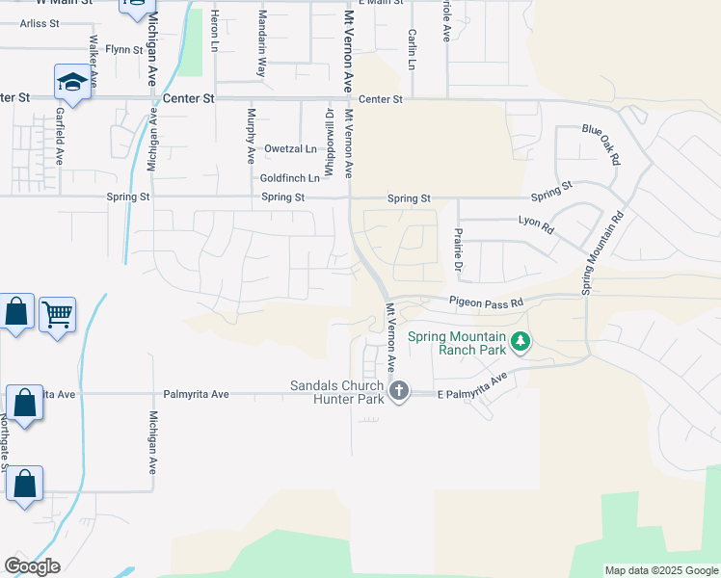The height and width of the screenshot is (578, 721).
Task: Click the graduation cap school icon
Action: click(72, 82)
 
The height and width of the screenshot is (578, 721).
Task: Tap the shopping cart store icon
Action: click(58, 313)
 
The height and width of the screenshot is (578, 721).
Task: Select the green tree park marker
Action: click(521, 341)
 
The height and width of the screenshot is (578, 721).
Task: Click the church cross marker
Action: click(399, 390)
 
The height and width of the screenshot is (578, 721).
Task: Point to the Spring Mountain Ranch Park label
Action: click(457, 343)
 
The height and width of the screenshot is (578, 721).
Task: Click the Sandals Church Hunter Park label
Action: click(337, 392)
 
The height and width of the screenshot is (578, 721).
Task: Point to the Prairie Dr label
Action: click(459, 248)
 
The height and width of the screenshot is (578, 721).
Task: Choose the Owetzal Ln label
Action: click(290, 148)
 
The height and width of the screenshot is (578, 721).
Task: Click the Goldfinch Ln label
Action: click(289, 178)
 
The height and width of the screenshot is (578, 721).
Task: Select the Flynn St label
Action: click(123, 48)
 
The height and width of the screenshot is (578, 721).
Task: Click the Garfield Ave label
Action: click(60, 135)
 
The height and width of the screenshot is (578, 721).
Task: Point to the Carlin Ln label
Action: click(412, 49)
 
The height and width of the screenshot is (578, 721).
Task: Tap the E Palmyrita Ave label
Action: click(471, 388)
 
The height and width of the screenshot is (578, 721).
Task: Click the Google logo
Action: click(32, 566)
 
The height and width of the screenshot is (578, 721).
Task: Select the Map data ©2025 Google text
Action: click(660, 570)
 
